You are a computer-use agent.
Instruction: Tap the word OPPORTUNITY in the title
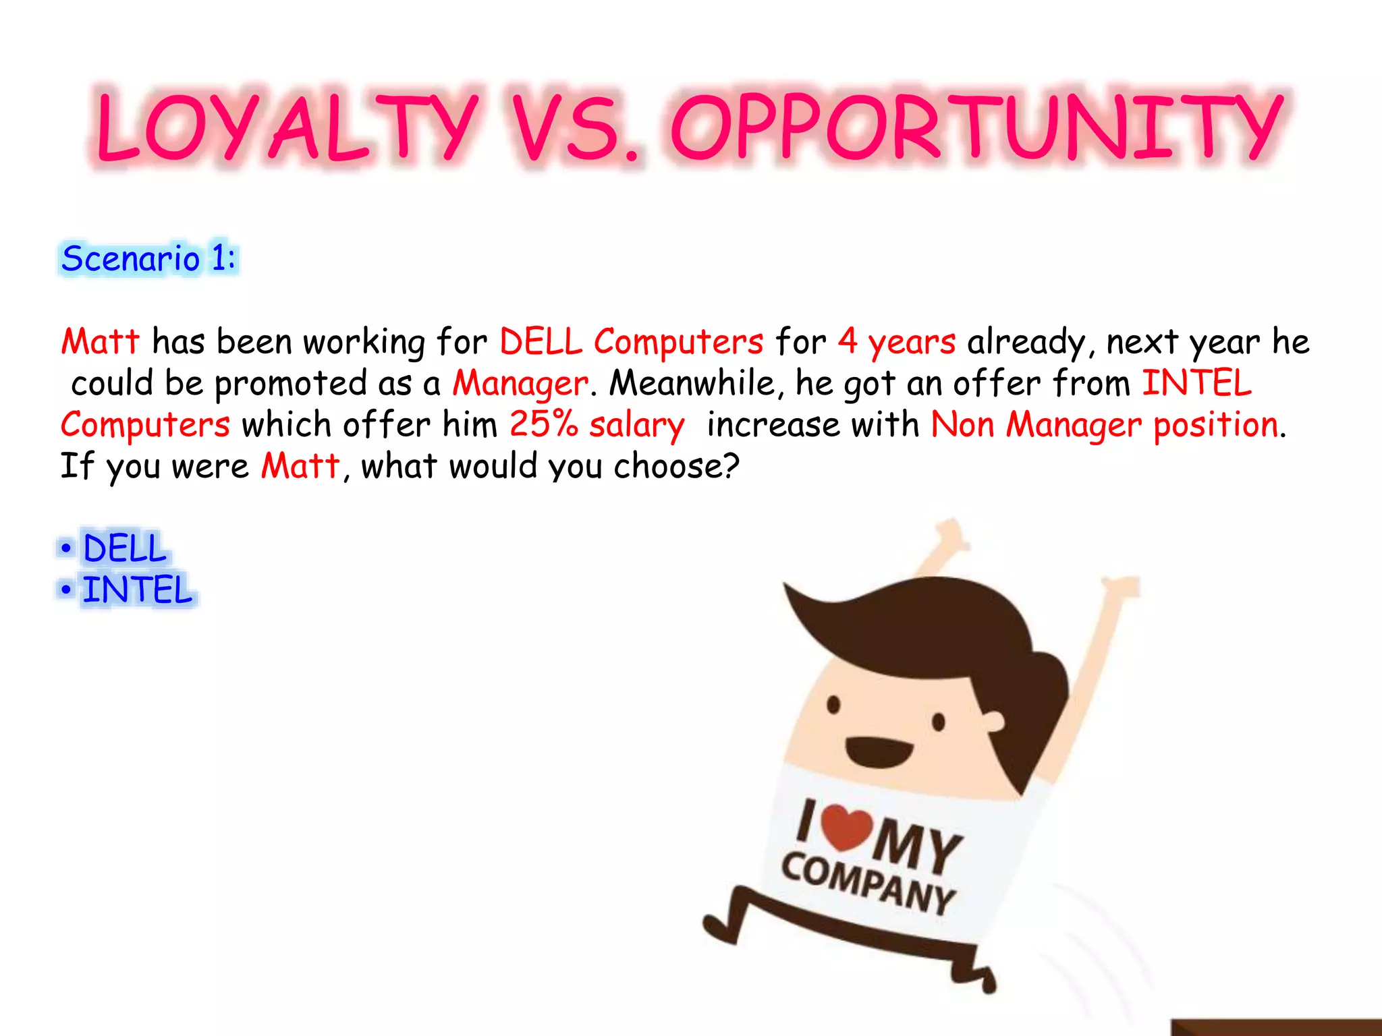tap(975, 128)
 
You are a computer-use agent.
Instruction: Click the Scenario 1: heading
tap(148, 259)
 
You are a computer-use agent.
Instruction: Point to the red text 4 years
tap(896, 342)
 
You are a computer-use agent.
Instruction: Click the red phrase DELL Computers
tap(631, 342)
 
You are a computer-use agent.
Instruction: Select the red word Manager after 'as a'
tap(520, 384)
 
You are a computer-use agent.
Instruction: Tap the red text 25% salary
tap(597, 426)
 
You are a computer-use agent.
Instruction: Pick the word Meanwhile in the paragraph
tap(692, 384)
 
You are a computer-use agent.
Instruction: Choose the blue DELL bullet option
tap(124, 548)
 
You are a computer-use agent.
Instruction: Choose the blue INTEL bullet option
tap(137, 589)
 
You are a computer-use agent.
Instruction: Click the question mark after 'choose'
tap(731, 466)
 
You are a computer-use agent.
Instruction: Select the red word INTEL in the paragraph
tap(1196, 384)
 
